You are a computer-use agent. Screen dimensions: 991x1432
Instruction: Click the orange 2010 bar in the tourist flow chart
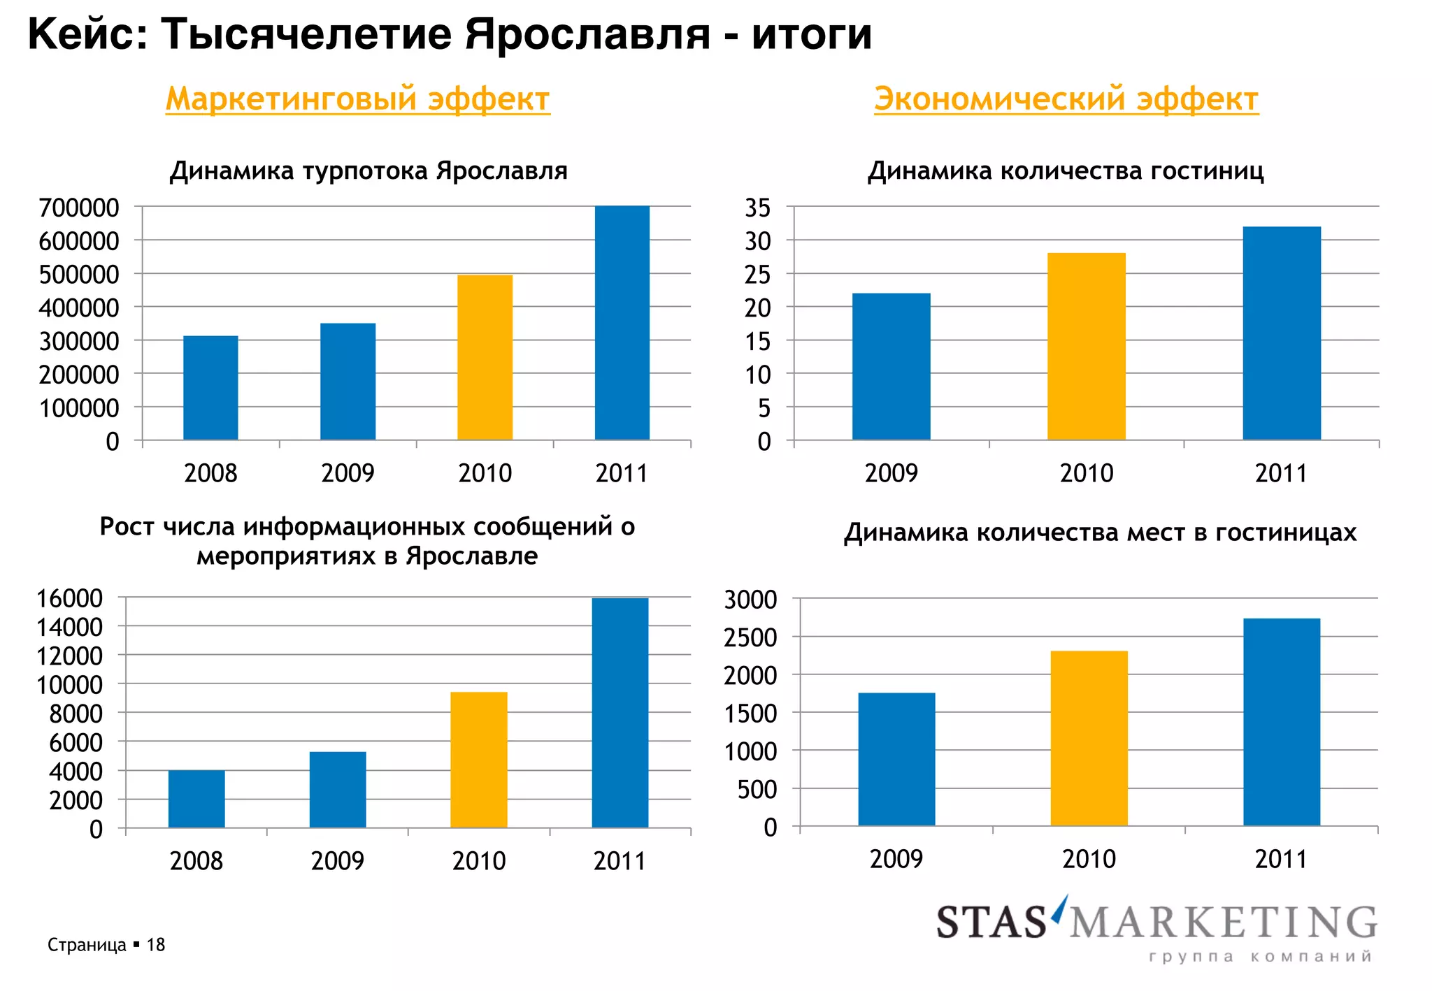point(485,357)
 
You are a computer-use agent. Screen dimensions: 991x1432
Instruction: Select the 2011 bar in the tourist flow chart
point(622,323)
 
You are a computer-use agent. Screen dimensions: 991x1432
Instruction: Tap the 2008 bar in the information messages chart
point(196,799)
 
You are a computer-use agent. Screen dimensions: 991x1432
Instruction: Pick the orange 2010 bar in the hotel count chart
point(1086,346)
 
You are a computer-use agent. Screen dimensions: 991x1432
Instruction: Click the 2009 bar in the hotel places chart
point(896,759)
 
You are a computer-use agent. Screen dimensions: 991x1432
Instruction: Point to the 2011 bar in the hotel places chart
point(1281,722)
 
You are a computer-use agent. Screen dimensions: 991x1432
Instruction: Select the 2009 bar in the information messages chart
point(338,790)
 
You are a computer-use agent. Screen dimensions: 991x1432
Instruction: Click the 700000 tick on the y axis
point(79,208)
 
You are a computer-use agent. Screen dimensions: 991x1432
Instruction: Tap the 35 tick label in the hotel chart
point(757,208)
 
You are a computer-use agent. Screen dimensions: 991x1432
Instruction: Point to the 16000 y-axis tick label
point(69,598)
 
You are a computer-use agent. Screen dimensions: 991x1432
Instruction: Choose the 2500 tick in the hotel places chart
point(750,637)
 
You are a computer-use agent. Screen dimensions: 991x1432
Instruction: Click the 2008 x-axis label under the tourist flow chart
point(210,473)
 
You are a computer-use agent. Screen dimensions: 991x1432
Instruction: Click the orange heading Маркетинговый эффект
point(357,99)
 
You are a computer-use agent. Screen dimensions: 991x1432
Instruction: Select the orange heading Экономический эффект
point(1066,99)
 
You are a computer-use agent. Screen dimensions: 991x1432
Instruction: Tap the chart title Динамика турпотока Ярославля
point(368,171)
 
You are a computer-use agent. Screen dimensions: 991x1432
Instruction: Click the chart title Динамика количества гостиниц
point(1066,171)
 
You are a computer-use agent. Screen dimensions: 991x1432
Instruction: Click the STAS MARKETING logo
point(1157,921)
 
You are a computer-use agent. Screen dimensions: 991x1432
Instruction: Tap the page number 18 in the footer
point(155,945)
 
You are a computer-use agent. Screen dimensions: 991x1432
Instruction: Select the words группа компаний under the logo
point(1260,957)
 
